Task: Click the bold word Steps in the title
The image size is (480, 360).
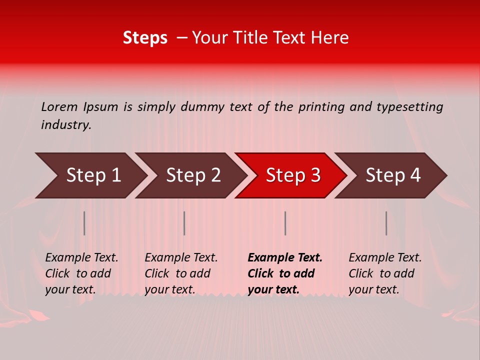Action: coord(145,38)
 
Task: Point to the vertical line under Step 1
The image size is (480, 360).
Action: coord(84,223)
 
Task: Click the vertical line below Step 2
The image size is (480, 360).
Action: coord(184,223)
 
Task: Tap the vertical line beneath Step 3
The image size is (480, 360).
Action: coord(285,223)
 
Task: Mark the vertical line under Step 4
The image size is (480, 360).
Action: coord(386,223)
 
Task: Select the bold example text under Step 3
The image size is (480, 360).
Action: coord(285,273)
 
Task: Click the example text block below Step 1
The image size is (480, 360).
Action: coord(81,273)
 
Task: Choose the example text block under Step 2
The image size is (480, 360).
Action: coord(181,273)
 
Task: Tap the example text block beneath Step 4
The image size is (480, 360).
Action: coord(385,273)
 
